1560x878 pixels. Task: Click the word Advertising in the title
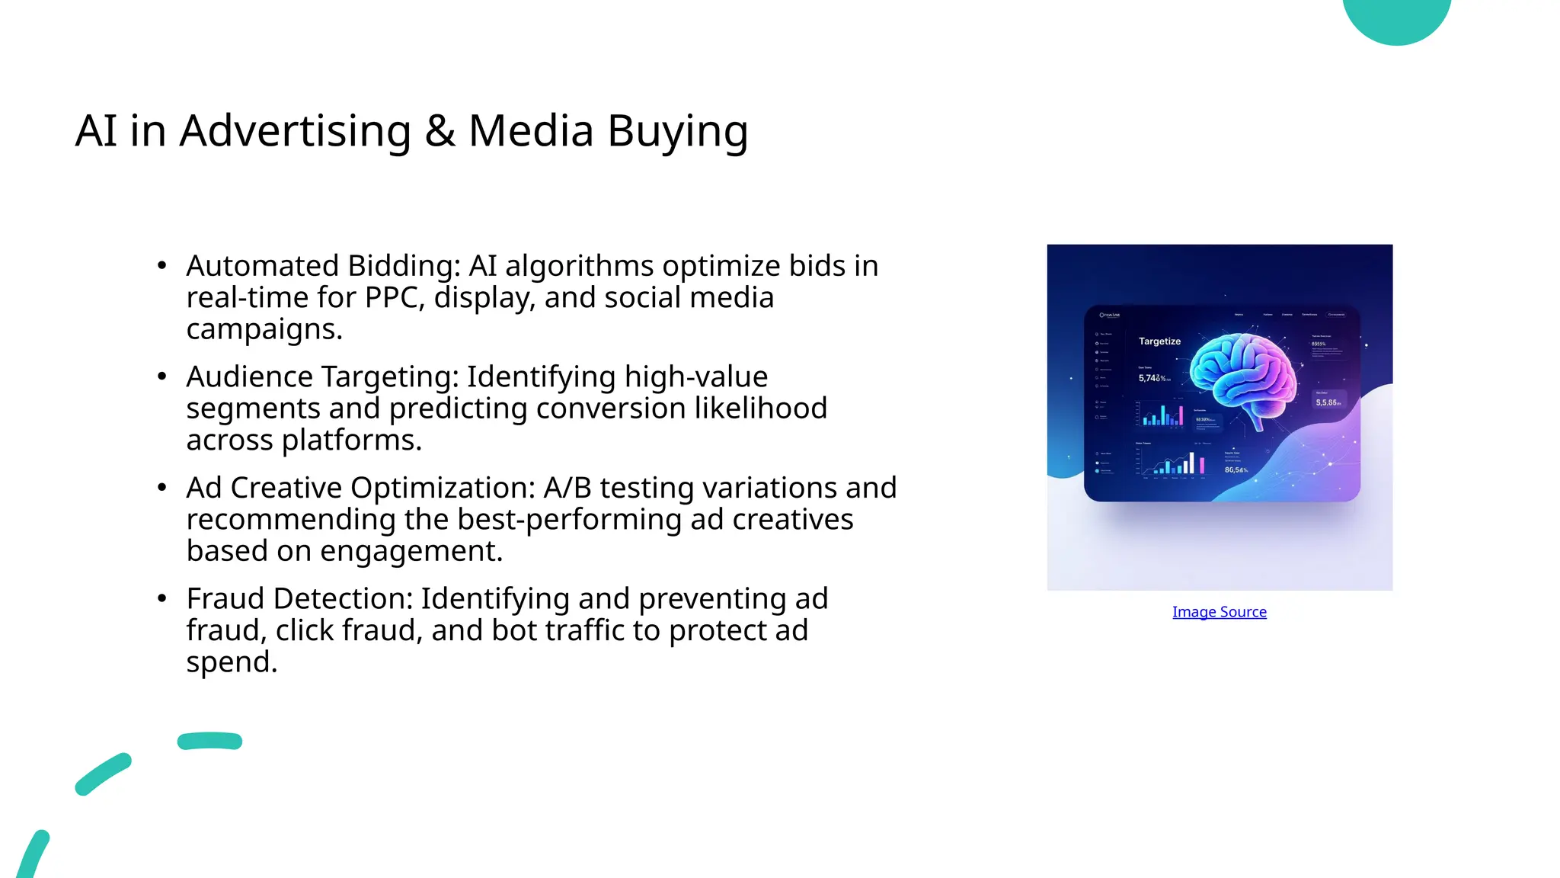tap(295, 131)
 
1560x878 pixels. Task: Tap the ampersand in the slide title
tap(440, 131)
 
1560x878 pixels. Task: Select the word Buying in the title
tap(677, 131)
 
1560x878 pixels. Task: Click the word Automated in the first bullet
tap(262, 266)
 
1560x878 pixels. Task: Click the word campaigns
tap(264, 330)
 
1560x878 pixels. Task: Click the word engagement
tap(411, 552)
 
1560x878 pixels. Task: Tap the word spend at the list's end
tap(231, 662)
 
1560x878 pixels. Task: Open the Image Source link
tap(1219, 612)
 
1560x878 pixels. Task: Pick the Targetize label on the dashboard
tap(1159, 341)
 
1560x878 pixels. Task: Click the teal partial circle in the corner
tap(1396, 18)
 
